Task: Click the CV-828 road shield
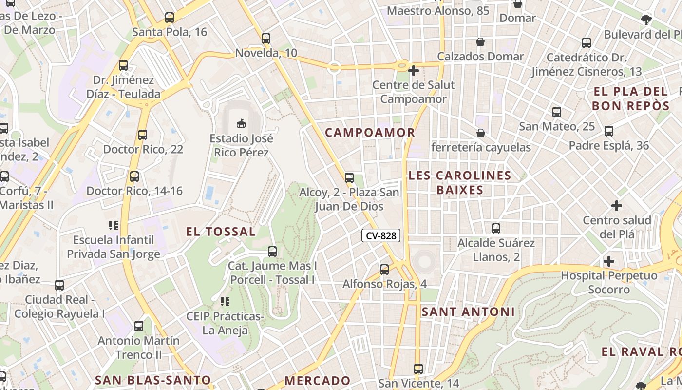pyautogui.click(x=381, y=236)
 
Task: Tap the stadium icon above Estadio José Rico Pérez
pyautogui.click(x=241, y=123)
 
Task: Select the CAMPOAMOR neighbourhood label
pyautogui.click(x=370, y=133)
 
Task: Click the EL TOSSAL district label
pyautogui.click(x=221, y=232)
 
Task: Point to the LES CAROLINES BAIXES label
pyautogui.click(x=460, y=183)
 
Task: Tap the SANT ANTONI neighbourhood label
pyautogui.click(x=468, y=312)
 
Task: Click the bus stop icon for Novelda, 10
pyautogui.click(x=266, y=38)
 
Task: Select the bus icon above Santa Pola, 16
pyautogui.click(x=170, y=18)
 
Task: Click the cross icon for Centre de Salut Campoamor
pyautogui.click(x=414, y=71)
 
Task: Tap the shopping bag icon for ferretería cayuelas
pyautogui.click(x=481, y=133)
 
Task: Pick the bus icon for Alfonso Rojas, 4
pyautogui.click(x=384, y=269)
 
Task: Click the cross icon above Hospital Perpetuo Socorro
pyautogui.click(x=609, y=261)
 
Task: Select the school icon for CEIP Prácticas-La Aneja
pyautogui.click(x=225, y=302)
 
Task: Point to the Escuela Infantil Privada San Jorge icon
pyautogui.click(x=114, y=225)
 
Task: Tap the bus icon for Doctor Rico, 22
pyautogui.click(x=143, y=135)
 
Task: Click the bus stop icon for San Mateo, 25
pyautogui.click(x=557, y=112)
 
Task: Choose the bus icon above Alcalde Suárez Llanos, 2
pyautogui.click(x=496, y=228)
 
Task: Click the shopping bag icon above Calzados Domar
pyautogui.click(x=480, y=42)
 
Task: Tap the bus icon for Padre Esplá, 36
pyautogui.click(x=609, y=131)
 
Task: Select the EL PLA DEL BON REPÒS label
pyautogui.click(x=630, y=98)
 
